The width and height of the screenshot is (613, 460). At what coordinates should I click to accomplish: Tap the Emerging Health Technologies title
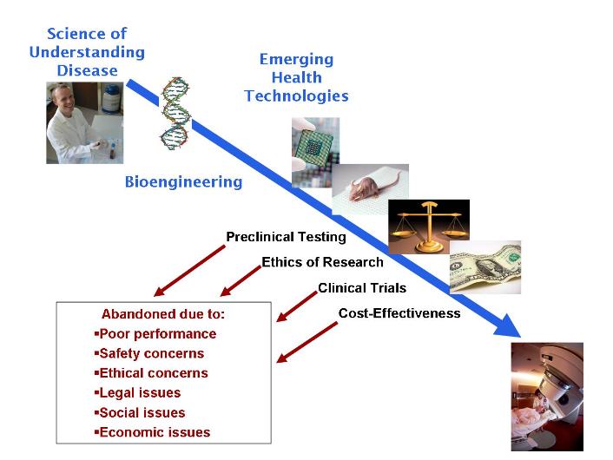click(x=296, y=77)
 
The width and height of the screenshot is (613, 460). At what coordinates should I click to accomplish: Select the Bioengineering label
click(x=183, y=182)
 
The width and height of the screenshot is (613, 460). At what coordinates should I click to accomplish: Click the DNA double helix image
click(x=176, y=114)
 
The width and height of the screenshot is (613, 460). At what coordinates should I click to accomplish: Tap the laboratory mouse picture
click(x=371, y=187)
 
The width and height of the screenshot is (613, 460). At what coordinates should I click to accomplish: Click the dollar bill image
click(x=484, y=266)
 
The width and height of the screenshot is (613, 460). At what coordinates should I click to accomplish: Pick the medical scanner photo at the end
click(x=546, y=396)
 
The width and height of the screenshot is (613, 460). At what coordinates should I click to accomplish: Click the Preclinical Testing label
click(x=286, y=237)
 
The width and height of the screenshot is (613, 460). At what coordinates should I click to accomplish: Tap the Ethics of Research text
click(x=322, y=262)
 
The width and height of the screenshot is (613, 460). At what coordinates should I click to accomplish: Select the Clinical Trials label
click(x=361, y=288)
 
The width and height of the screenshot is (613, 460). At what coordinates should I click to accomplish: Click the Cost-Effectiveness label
click(x=399, y=313)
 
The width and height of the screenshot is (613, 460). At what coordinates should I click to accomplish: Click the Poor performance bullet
click(x=156, y=333)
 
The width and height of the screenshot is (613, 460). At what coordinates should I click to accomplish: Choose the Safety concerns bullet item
click(x=154, y=353)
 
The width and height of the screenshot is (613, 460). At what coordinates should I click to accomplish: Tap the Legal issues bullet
click(x=142, y=393)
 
